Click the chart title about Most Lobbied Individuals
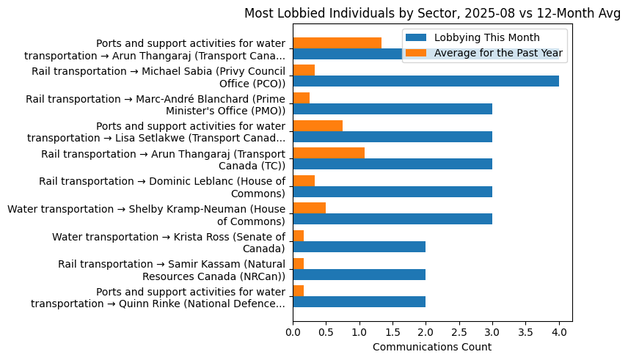[432, 13]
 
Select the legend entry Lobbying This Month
[486, 38]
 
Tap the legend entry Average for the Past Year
[498, 52]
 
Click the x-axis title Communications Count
[432, 347]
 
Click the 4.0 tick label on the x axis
[559, 332]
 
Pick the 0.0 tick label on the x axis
[293, 332]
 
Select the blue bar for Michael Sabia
[426, 81]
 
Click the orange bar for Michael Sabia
[304, 70]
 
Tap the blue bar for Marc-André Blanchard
[392, 109]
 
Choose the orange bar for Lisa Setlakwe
[318, 125]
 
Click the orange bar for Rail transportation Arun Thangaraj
[329, 153]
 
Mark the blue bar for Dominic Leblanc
[392, 191]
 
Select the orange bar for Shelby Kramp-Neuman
[309, 208]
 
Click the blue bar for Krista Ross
[359, 246]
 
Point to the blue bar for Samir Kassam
[359, 274]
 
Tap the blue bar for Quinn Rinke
[359, 301]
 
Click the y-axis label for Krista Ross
[168, 242]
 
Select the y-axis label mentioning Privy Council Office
[158, 77]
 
